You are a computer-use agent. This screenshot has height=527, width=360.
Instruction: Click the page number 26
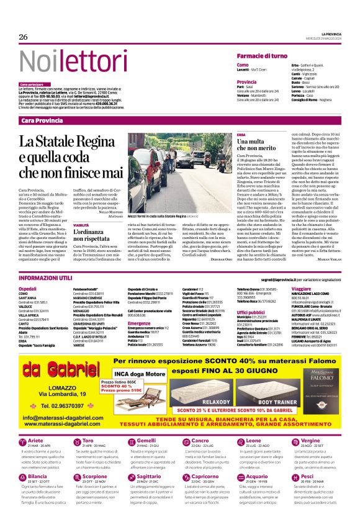(24, 37)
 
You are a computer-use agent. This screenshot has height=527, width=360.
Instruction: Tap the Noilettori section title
(61, 61)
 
